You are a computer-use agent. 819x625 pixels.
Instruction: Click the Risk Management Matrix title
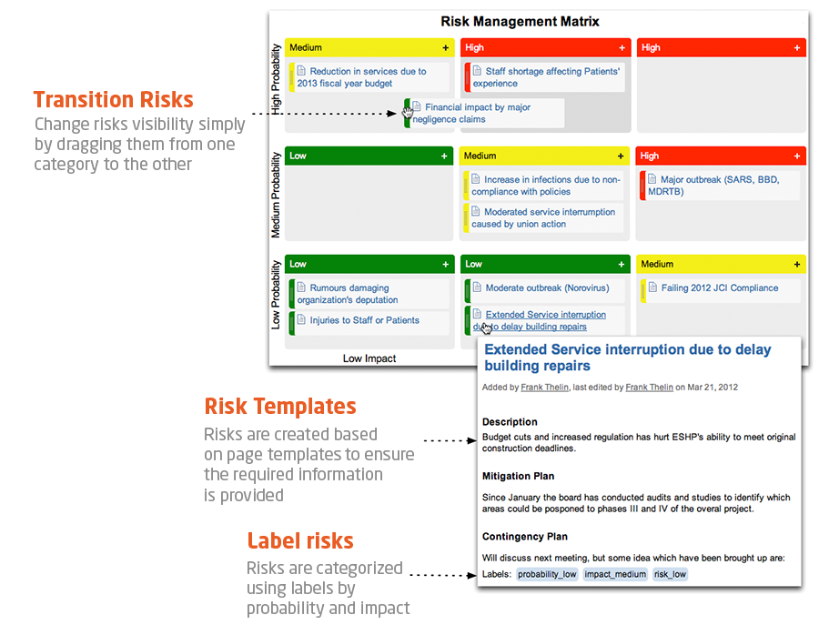(520, 22)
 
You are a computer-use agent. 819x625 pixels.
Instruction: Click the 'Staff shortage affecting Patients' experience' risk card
(545, 77)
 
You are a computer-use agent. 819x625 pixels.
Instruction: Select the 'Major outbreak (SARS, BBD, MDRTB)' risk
(720, 186)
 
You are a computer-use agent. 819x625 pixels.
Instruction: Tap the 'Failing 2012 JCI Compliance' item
(721, 290)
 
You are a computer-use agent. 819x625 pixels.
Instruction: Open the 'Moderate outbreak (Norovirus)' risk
(545, 290)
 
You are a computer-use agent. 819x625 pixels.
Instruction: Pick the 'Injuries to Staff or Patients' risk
(369, 323)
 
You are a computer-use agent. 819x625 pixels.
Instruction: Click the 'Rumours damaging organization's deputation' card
(369, 294)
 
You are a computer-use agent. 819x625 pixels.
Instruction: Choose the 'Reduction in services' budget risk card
(369, 77)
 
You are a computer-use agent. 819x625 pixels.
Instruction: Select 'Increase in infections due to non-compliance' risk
(544, 186)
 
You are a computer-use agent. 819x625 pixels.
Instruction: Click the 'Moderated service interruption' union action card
(544, 217)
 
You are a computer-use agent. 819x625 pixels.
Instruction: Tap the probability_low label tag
(547, 574)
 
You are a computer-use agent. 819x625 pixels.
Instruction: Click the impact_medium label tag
(615, 574)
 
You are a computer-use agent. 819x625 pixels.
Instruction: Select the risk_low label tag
(670, 574)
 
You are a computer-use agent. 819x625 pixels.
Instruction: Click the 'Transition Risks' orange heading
(114, 99)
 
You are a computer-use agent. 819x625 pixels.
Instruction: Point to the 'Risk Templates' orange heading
(280, 406)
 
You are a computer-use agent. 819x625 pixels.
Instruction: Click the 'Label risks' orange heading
(300, 540)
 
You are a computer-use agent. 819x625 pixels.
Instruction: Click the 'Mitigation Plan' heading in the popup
(518, 476)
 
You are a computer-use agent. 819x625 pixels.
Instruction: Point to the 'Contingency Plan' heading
(525, 537)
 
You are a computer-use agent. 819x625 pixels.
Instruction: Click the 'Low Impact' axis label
(369, 358)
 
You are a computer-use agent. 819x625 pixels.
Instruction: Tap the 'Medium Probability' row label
(275, 196)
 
